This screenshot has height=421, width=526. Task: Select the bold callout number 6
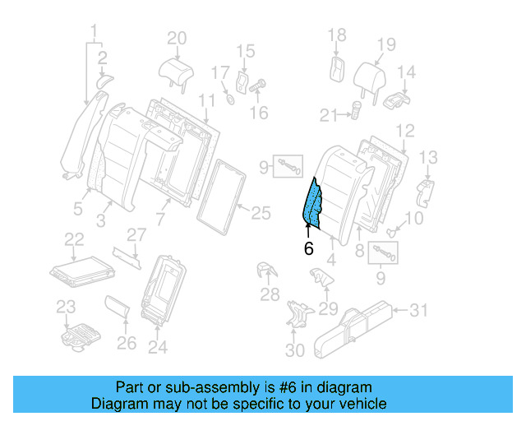point(308,249)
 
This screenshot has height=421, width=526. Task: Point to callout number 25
point(260,213)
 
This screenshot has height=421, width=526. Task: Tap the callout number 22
point(75,238)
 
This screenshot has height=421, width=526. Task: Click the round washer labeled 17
point(231,100)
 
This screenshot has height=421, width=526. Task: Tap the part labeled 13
point(426,191)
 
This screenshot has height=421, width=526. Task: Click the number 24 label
point(157,347)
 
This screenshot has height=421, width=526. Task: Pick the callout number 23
point(66,307)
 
